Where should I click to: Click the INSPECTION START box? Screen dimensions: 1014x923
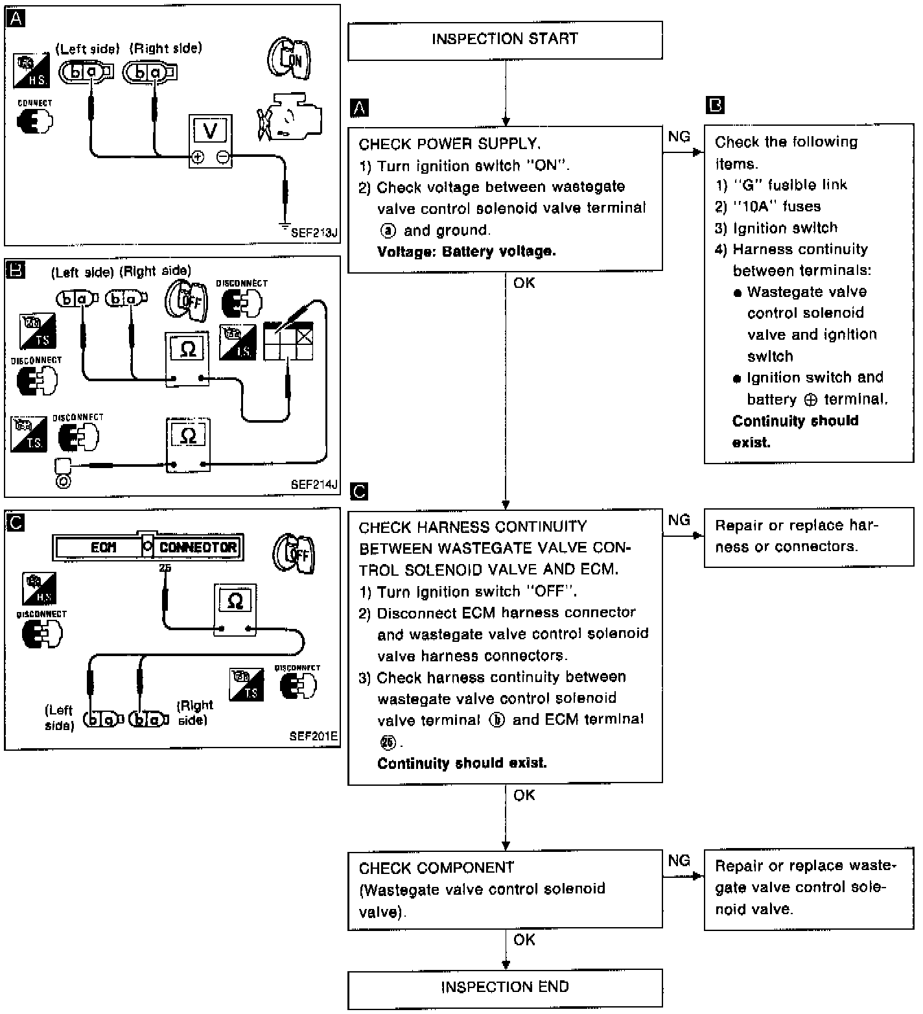tap(504, 40)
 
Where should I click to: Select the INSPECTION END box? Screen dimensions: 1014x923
tap(504, 988)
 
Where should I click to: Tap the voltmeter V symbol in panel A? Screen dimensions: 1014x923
tap(210, 131)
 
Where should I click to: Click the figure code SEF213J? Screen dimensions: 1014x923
tap(314, 233)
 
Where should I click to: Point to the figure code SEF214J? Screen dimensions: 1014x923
tap(314, 484)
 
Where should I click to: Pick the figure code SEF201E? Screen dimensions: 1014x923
tap(314, 737)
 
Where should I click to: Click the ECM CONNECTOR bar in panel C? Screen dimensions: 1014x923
tap(148, 547)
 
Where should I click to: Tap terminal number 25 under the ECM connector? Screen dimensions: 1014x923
tap(165, 569)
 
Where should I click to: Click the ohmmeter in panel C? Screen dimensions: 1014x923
tap(235, 609)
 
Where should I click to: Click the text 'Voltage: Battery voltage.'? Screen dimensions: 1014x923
tap(466, 252)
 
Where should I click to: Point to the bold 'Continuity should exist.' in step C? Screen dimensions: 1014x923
tap(461, 763)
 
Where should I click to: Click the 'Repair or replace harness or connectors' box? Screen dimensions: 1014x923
tap(808, 537)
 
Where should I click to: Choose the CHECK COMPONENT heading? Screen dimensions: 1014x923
tap(436, 868)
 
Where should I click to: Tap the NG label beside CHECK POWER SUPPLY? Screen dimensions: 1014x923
tap(679, 137)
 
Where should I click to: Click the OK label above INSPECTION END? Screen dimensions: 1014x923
tap(524, 940)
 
